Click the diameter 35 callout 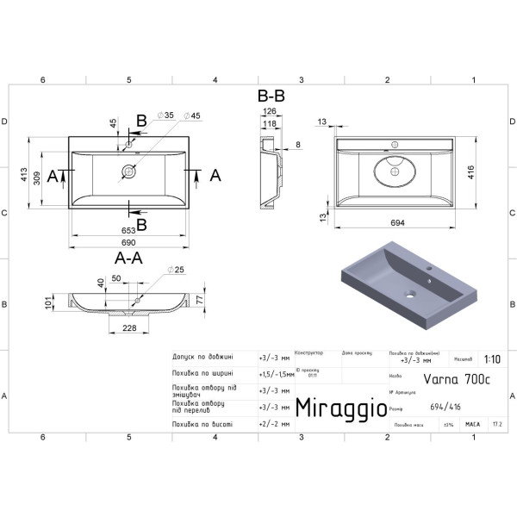167,115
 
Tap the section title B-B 271,97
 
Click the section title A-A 128,258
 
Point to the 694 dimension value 398,223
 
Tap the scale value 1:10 492,361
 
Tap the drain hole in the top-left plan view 128,172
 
